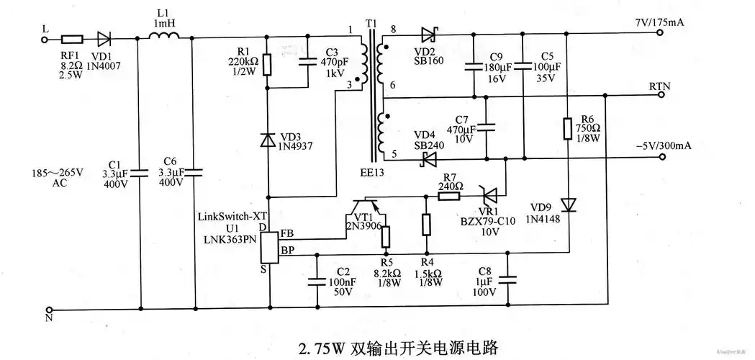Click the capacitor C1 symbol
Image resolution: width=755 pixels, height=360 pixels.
pos(140,173)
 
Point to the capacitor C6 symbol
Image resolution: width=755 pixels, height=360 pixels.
pos(192,173)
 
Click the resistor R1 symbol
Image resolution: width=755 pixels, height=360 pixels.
pos(268,66)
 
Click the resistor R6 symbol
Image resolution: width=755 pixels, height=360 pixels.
pos(568,130)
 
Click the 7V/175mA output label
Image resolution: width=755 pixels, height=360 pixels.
pos(659,23)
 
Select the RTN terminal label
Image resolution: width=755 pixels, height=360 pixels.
pos(659,86)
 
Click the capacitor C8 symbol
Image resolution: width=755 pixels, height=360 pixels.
pos(510,279)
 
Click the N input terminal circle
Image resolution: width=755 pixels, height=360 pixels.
pos(45,310)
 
